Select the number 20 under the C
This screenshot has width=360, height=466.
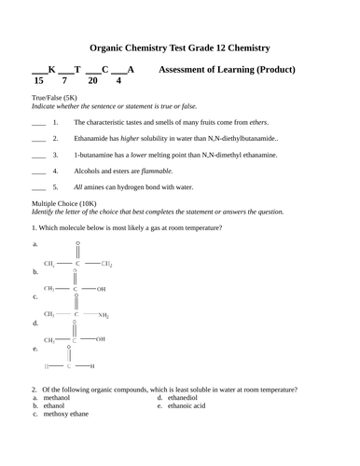92,81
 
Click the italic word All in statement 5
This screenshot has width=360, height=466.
79,188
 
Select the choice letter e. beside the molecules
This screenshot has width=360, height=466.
35,349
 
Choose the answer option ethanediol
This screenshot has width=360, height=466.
188,398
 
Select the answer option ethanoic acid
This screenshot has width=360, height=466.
193,406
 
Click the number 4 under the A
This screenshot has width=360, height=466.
118,81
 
